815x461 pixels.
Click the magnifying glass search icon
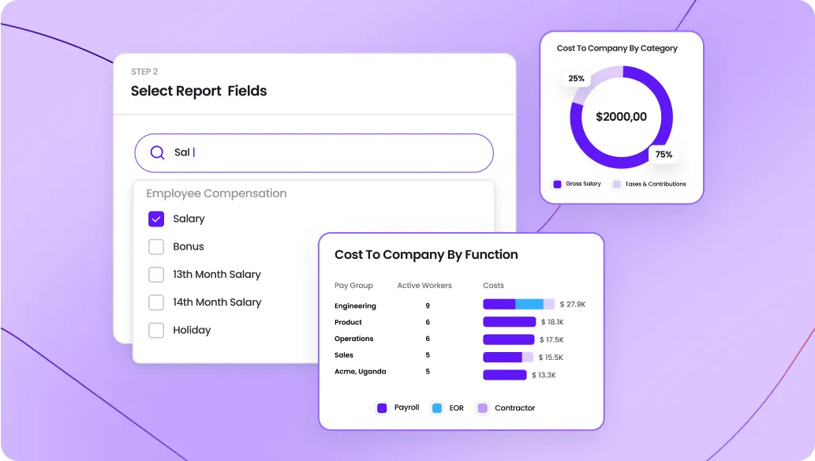point(158,152)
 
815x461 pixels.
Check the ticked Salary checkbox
point(156,219)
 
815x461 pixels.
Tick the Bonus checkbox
point(156,246)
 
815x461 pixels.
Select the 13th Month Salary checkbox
point(156,274)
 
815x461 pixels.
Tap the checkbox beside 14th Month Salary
point(156,302)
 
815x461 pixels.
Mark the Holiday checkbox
point(156,330)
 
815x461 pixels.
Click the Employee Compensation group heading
point(216,193)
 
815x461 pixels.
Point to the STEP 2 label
point(144,72)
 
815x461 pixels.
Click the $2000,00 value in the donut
point(621,117)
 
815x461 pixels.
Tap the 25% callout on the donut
point(576,78)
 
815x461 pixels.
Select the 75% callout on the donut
point(664,154)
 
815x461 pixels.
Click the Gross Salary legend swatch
point(557,184)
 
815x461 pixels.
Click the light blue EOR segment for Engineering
point(529,304)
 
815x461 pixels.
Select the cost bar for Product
point(509,322)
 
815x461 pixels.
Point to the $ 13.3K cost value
point(544,375)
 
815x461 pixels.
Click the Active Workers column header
point(424,285)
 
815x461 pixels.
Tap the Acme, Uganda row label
point(360,371)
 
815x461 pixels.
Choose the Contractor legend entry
point(514,408)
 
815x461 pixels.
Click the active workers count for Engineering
point(428,305)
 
